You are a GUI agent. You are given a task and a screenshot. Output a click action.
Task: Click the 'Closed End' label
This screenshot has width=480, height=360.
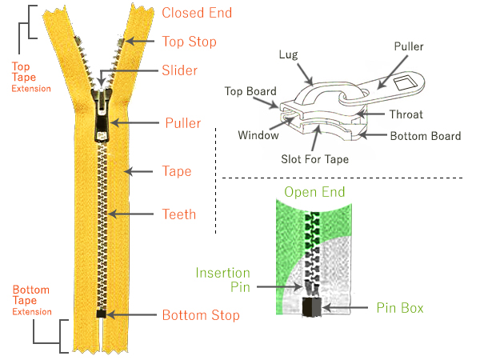[197, 13]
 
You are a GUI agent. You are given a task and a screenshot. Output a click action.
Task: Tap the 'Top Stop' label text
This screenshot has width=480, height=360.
[189, 41]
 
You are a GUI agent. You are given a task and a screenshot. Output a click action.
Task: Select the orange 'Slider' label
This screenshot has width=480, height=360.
[179, 70]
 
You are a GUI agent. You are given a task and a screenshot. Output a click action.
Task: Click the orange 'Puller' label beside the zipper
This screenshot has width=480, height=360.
[183, 123]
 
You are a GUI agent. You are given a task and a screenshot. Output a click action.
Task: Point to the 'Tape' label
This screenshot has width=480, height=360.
[177, 171]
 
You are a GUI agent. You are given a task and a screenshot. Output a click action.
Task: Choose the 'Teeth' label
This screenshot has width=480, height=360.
[178, 214]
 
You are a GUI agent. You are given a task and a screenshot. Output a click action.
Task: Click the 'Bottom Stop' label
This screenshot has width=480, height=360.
[201, 315]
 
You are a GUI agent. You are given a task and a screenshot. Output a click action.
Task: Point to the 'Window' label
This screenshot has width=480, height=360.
[258, 135]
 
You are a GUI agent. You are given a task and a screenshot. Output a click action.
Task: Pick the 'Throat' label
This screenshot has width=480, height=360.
[405, 114]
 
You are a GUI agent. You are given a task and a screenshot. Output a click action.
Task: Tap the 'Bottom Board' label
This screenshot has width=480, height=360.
[426, 136]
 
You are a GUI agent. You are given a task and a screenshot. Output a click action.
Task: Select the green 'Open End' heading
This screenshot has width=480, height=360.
[314, 192]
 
